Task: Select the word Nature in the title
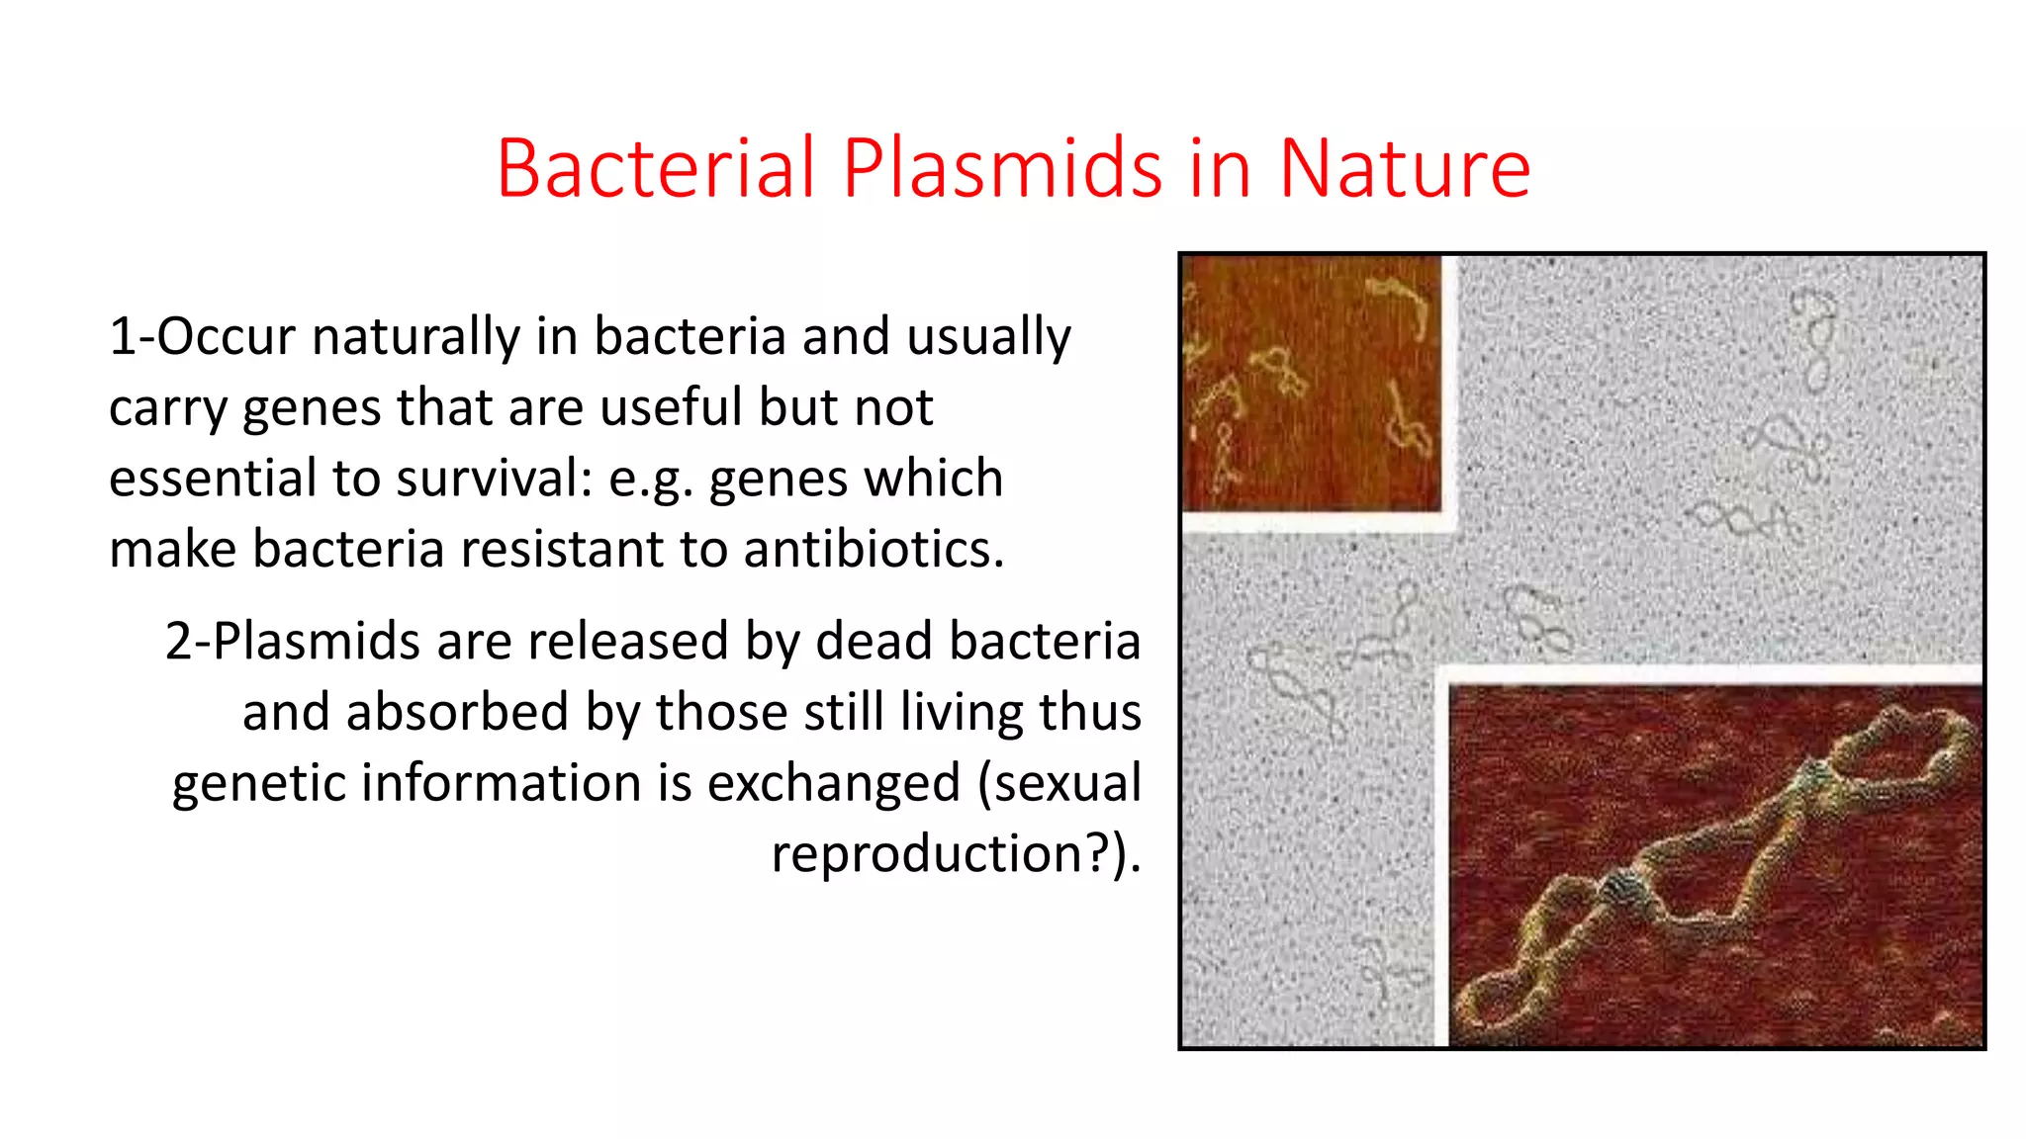[x=1405, y=168]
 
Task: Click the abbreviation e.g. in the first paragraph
[x=646, y=481]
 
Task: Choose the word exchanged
[x=833, y=783]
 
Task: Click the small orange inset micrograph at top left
[x=1312, y=383]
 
